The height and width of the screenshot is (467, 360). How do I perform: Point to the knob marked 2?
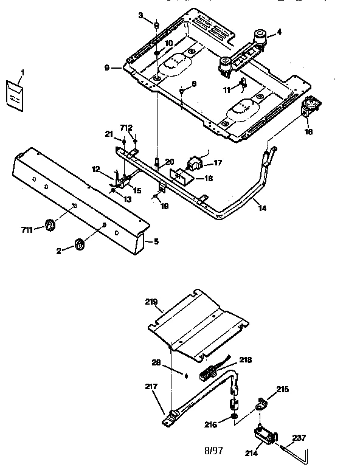pyautogui.click(x=80, y=244)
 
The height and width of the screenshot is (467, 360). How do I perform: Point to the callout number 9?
pyautogui.click(x=107, y=67)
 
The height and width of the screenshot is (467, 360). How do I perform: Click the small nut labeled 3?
pyautogui.click(x=156, y=26)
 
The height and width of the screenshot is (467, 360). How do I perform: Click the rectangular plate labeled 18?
pyautogui.click(x=181, y=178)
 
